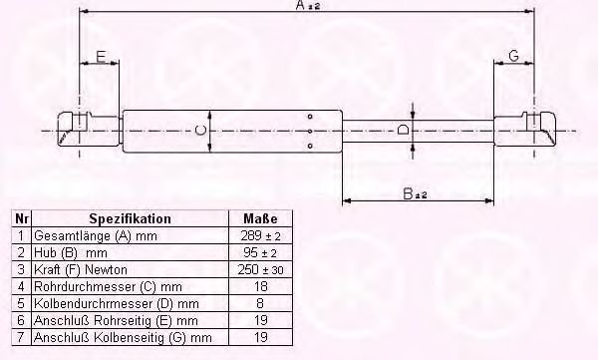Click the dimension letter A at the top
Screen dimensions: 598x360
pos(301,5)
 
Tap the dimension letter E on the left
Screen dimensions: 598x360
pos(101,57)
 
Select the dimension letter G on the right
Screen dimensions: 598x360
pos(513,56)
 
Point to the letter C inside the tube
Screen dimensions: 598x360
pos(200,131)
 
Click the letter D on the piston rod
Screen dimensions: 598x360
pos(403,130)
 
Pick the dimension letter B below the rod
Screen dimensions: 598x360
pos(408,193)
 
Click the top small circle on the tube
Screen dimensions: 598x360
pos(310,116)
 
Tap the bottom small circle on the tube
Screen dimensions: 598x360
pos(310,146)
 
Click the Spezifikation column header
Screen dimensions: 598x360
pos(130,218)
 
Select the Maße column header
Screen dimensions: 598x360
pos(260,218)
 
